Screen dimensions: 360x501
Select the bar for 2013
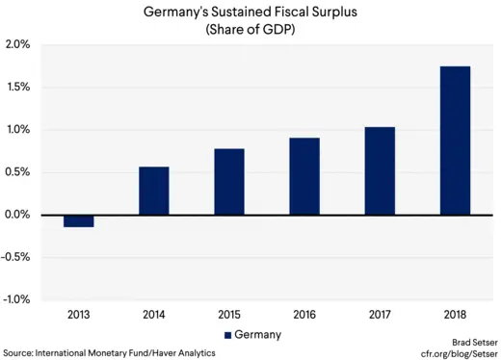coord(78,220)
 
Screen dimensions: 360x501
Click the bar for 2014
coord(154,191)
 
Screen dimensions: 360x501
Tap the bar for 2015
coord(229,181)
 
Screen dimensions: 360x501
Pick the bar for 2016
coord(304,176)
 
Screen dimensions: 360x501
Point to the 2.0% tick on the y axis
coord(17,45)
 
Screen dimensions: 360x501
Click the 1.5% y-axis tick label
coord(17,88)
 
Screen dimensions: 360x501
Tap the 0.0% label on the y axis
coord(17,215)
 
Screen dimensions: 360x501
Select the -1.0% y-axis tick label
coord(16,299)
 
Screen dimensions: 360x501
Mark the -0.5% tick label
coord(16,257)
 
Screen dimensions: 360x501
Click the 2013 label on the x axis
coord(78,315)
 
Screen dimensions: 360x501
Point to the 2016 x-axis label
coord(304,315)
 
